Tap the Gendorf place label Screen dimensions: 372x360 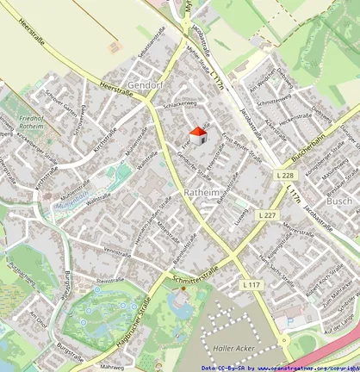[x=145, y=86]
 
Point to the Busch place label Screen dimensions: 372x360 [x=339, y=201]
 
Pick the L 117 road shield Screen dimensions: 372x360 [x=251, y=284]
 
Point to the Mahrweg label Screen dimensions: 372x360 [x=112, y=366]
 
